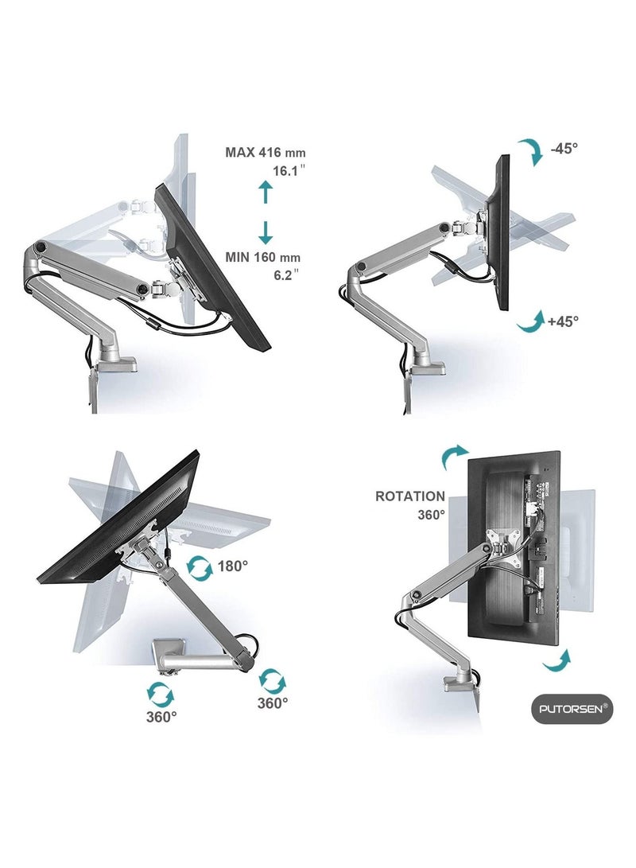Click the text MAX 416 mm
(x=265, y=152)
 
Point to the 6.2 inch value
(x=286, y=274)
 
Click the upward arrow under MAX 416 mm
(x=266, y=192)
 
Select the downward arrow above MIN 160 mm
(x=266, y=232)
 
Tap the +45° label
(x=564, y=321)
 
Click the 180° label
(x=234, y=566)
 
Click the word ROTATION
(x=410, y=496)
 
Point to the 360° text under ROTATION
(x=432, y=515)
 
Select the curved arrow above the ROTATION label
(x=456, y=459)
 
